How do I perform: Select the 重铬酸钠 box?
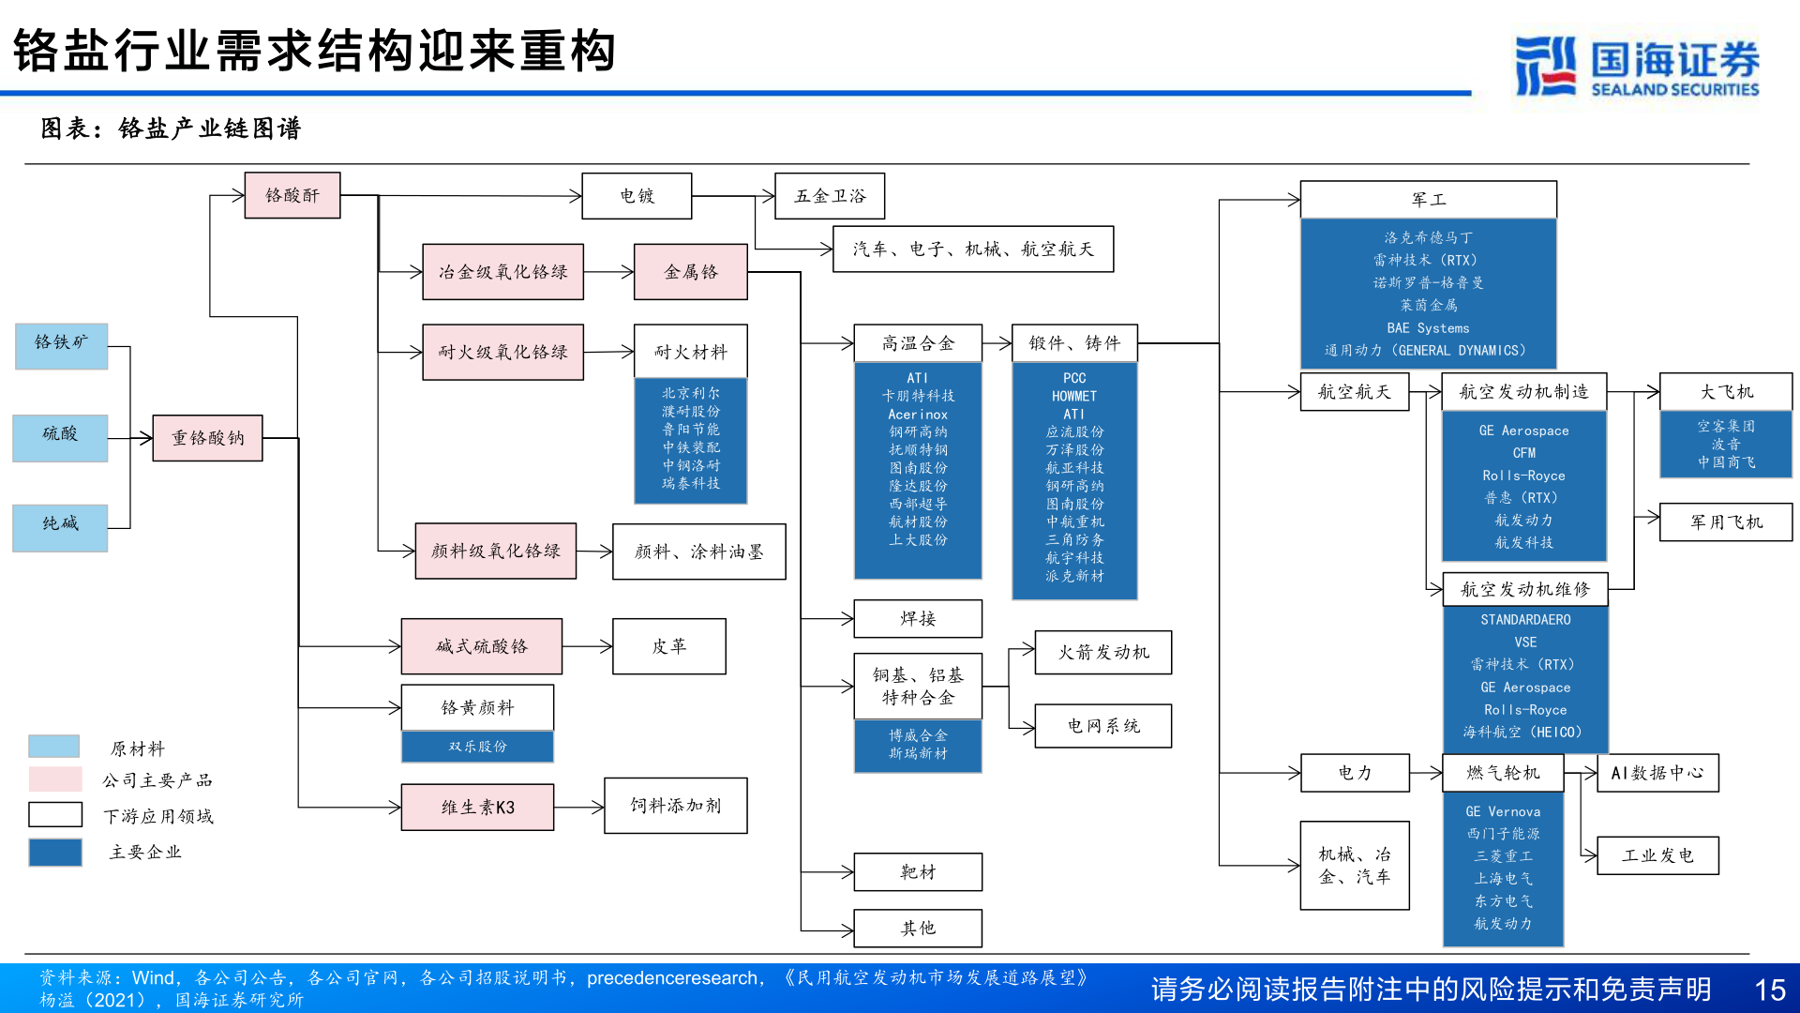pyautogui.click(x=207, y=438)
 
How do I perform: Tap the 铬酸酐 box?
pyautogui.click(x=292, y=195)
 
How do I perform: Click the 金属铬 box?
pyautogui.click(x=690, y=272)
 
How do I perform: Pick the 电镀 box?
pyautogui.click(x=637, y=196)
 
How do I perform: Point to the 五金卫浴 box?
pyautogui.click(x=830, y=196)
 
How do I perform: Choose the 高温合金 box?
pyautogui.click(x=918, y=343)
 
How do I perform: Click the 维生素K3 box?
pyautogui.click(x=477, y=808)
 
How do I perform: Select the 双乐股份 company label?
pyautogui.click(x=477, y=747)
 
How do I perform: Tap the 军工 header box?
pyautogui.click(x=1428, y=200)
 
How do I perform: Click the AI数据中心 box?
pyautogui.click(x=1657, y=773)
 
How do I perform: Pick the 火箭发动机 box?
pyautogui.click(x=1102, y=652)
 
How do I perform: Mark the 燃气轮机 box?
pyautogui.click(x=1503, y=773)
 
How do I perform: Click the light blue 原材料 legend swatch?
pyautogui.click(x=54, y=747)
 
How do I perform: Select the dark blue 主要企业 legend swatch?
pyautogui.click(x=54, y=852)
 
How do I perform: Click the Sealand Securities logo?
pyautogui.click(x=1637, y=66)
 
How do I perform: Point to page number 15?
pyautogui.click(x=1769, y=990)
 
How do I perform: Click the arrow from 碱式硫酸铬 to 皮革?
pyautogui.click(x=588, y=646)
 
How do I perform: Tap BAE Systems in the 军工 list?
pyautogui.click(x=1428, y=328)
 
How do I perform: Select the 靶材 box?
pyautogui.click(x=918, y=872)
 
